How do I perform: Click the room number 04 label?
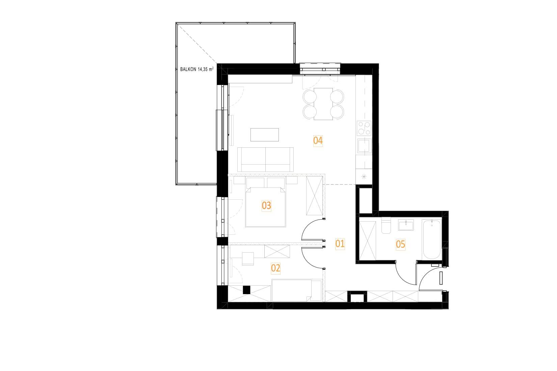click(x=318, y=141)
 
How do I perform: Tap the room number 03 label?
click(x=266, y=205)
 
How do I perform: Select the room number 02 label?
click(x=275, y=268)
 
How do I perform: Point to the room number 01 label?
click(x=340, y=244)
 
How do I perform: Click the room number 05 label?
click(x=400, y=245)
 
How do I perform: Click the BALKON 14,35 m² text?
click(x=197, y=69)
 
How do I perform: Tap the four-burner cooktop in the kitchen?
click(x=364, y=128)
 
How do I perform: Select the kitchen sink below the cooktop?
click(x=364, y=146)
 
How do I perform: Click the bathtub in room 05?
click(x=432, y=239)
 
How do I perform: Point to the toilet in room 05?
click(x=386, y=226)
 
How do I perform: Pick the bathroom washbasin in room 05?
click(x=406, y=225)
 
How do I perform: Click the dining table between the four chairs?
click(x=323, y=104)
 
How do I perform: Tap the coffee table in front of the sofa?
click(x=265, y=135)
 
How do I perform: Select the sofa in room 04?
click(x=265, y=160)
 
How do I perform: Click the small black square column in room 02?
click(x=246, y=290)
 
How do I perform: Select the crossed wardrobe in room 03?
click(x=314, y=196)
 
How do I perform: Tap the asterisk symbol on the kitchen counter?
click(x=364, y=177)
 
